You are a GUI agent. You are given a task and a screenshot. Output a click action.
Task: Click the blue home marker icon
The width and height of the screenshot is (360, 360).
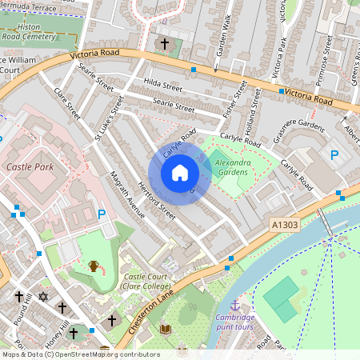[x=180, y=173]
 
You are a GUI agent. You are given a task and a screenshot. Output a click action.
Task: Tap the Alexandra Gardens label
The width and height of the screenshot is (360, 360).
[x=233, y=167]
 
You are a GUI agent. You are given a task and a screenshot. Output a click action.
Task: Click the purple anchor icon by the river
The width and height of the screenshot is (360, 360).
[x=235, y=306]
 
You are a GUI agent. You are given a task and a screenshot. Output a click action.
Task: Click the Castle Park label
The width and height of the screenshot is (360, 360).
[x=29, y=167]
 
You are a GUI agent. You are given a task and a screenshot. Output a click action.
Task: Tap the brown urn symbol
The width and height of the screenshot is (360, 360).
[x=94, y=266]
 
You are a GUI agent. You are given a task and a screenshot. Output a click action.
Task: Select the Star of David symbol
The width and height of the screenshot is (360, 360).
[x=43, y=298]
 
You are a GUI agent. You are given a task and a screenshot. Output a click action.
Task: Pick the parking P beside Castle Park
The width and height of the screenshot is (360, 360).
[x=102, y=214]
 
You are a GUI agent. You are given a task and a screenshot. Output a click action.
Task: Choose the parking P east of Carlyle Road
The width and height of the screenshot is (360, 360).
[x=334, y=155]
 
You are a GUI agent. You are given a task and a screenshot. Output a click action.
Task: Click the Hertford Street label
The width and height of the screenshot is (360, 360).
[x=157, y=201]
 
